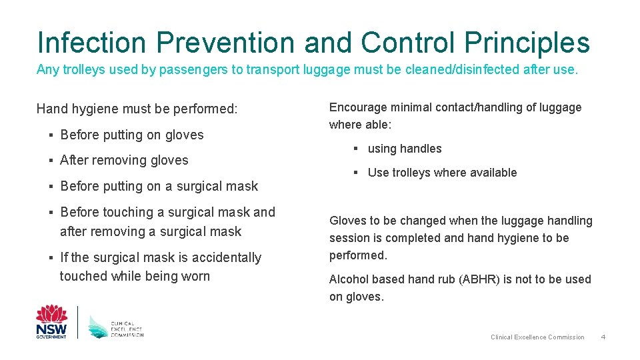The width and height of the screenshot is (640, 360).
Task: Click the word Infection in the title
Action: [92, 42]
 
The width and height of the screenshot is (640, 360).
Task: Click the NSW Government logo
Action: [51, 322]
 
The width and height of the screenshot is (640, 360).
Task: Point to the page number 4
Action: [603, 337]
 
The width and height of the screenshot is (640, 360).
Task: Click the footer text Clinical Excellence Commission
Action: [537, 337]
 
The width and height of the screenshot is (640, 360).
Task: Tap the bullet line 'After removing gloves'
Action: [124, 160]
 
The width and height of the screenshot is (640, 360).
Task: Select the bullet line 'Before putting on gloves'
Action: [132, 135]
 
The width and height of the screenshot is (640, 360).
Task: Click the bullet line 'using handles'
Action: [405, 149]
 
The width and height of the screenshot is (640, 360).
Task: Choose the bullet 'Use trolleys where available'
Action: [442, 173]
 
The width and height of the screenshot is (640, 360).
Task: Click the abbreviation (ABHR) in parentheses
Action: [480, 279]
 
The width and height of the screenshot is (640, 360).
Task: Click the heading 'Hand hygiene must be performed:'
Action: [137, 109]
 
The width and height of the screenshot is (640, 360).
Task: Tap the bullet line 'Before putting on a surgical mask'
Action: [159, 186]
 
